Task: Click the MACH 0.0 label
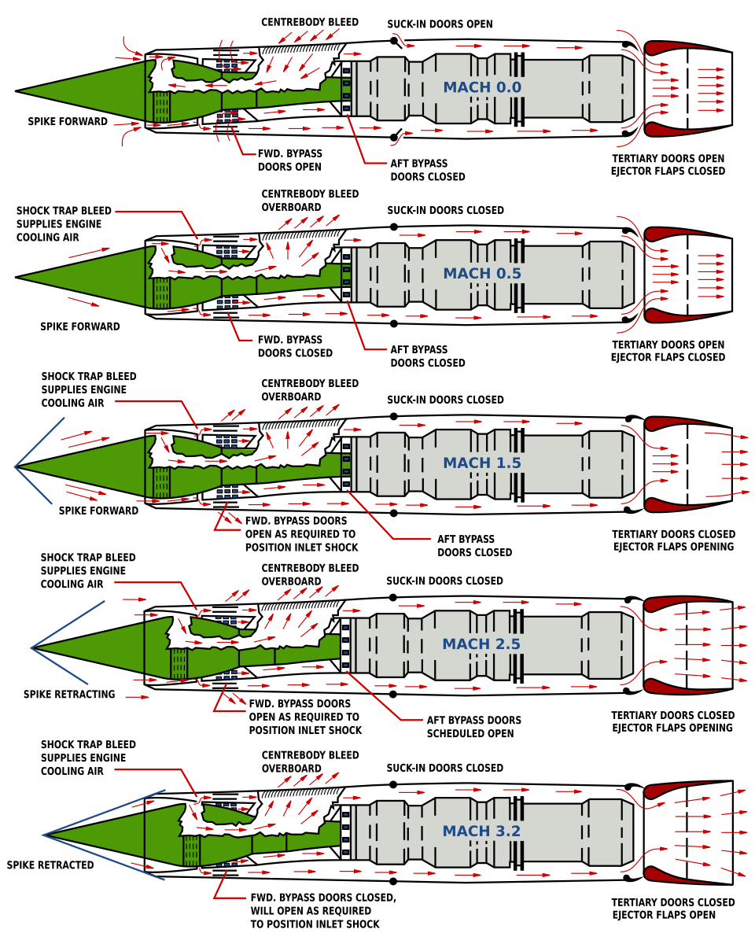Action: coord(482,87)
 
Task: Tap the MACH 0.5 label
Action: coord(482,274)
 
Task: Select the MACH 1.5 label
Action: coord(482,463)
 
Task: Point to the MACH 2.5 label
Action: coord(481,644)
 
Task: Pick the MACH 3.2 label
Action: coord(481,832)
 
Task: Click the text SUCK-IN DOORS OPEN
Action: coord(440,24)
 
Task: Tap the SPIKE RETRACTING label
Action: coord(69,695)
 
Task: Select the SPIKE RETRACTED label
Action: coord(50,865)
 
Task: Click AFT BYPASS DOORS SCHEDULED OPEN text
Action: coord(473,727)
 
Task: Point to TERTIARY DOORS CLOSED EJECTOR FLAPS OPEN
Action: coord(672,909)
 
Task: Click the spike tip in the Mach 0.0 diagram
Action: coord(16,91)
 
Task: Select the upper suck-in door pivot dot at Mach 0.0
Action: coord(393,40)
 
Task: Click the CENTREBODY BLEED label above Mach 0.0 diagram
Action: coord(310,22)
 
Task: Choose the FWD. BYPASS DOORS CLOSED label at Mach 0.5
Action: coord(295,346)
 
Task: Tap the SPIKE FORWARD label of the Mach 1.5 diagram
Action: coord(98,511)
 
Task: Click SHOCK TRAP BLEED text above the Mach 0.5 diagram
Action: coord(64,211)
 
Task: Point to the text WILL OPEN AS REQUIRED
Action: coord(311,911)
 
